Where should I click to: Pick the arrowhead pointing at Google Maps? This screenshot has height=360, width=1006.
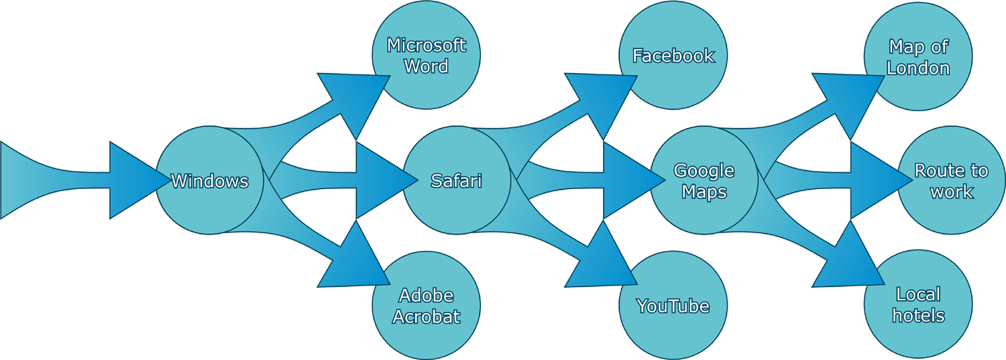(x=628, y=180)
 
